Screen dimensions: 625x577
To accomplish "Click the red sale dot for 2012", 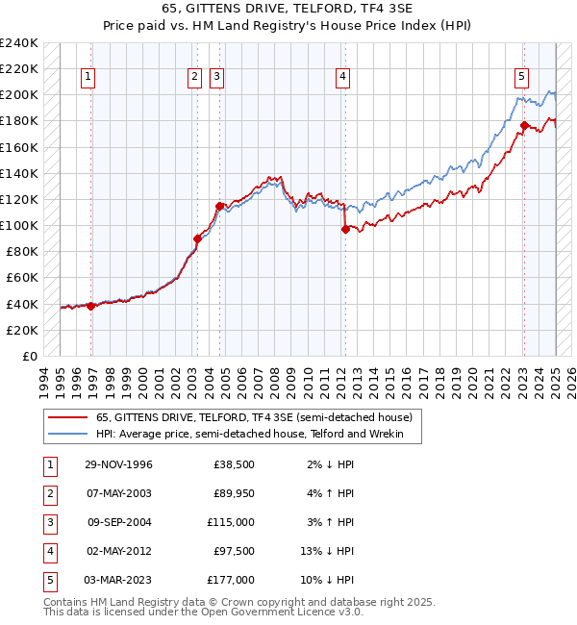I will click(344, 229).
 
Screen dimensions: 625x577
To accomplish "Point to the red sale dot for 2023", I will click(524, 125).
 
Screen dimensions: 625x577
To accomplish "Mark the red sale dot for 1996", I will click(91, 306).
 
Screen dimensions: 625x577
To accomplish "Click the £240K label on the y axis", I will click(19, 43).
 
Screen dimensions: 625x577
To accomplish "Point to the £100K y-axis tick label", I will click(19, 225).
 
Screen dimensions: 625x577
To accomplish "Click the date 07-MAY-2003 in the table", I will click(117, 493).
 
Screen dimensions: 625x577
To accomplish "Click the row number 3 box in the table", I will click(49, 522).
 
